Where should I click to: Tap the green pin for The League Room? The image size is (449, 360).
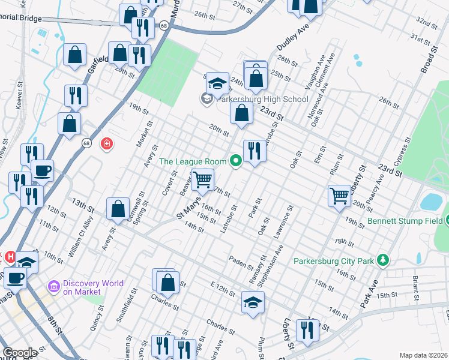[235, 161]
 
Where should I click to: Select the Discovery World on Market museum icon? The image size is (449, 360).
[55, 287]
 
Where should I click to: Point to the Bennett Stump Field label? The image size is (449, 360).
[401, 221]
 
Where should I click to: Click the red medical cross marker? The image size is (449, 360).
[107, 145]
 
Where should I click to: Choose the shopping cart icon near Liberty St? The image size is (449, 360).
[340, 195]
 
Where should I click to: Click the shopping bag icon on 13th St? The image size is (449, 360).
[118, 209]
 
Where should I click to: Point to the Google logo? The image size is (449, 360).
[19, 353]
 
